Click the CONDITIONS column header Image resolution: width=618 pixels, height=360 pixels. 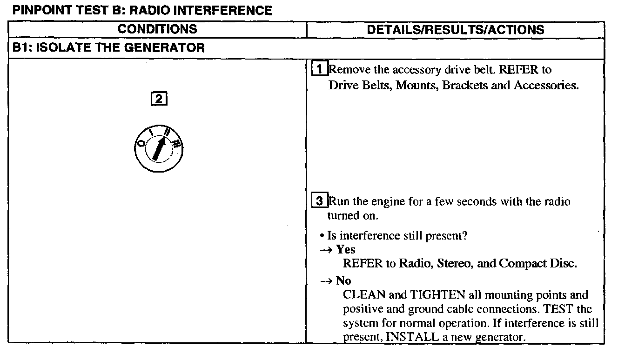[157, 29]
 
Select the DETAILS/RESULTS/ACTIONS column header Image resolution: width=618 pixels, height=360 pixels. [455, 30]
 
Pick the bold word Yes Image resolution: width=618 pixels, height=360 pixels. [346, 249]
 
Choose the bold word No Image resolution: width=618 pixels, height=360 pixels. [343, 280]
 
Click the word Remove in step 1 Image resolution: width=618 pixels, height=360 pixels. [345, 70]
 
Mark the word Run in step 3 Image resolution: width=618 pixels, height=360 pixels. [337, 202]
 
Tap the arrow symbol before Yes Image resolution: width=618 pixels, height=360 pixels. [327, 250]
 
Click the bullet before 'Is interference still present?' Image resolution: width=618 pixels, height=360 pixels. [322, 236]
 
